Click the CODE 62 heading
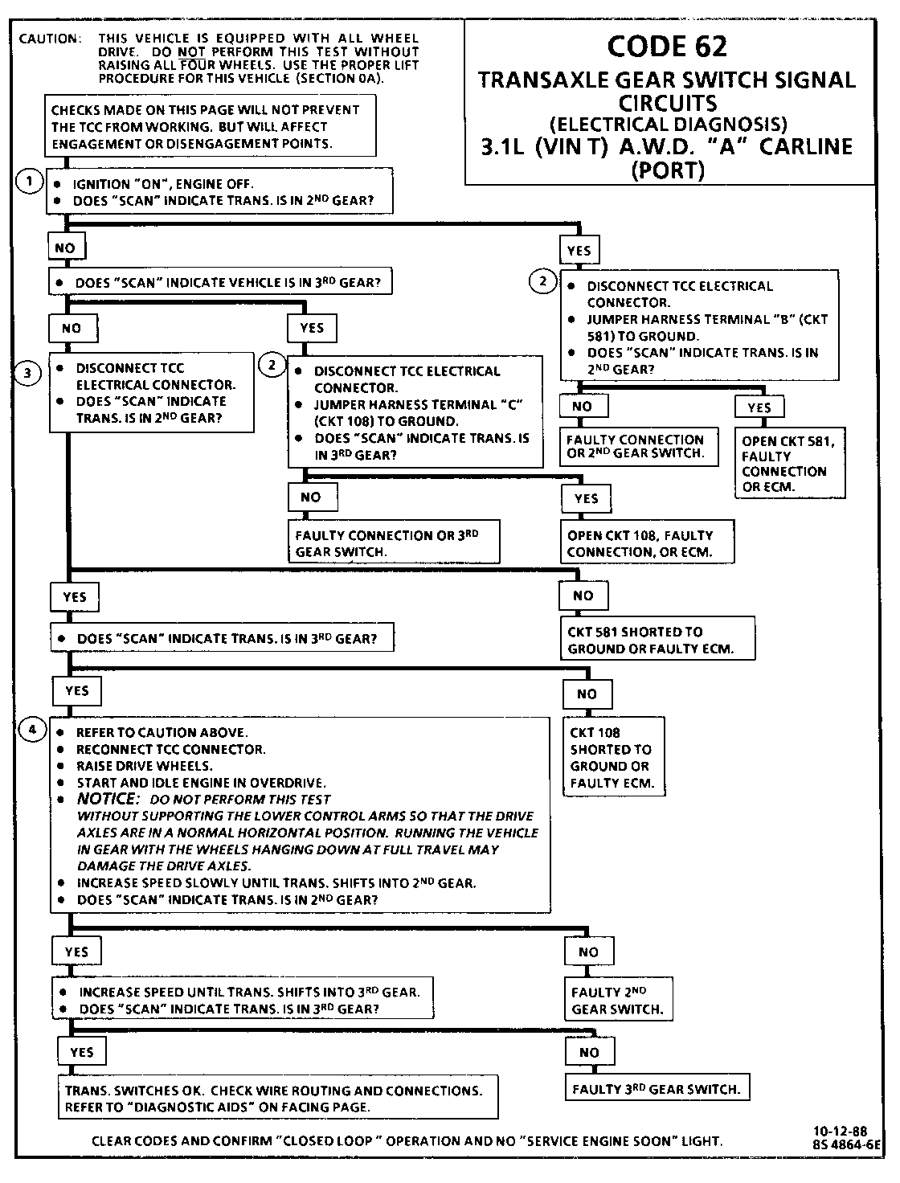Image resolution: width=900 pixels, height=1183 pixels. (x=667, y=46)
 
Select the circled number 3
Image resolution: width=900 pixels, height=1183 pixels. (x=29, y=373)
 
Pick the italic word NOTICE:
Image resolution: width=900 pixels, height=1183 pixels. (x=108, y=799)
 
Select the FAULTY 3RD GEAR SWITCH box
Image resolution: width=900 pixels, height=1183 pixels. (x=656, y=1090)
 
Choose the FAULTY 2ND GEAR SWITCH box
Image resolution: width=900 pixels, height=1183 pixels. (x=617, y=1000)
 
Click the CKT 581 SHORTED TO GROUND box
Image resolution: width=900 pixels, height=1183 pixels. (x=657, y=640)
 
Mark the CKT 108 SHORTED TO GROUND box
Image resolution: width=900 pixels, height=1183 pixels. (x=615, y=758)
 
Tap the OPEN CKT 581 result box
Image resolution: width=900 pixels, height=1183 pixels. (x=790, y=464)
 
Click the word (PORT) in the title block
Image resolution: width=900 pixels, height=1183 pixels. (x=668, y=170)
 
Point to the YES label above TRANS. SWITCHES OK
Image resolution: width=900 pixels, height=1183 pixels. (x=82, y=1052)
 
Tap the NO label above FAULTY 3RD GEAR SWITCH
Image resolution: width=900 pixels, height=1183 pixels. (x=589, y=1052)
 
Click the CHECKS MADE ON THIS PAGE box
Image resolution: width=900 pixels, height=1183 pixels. (x=211, y=126)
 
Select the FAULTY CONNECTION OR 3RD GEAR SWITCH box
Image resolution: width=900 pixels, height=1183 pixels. (x=393, y=543)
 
